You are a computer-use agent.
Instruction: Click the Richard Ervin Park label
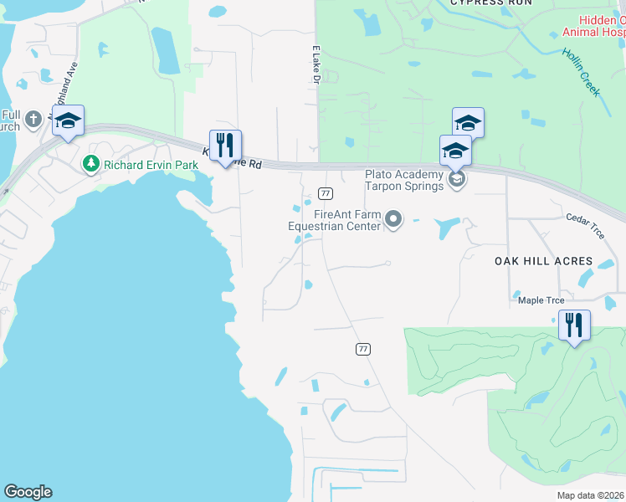pyautogui.click(x=151, y=165)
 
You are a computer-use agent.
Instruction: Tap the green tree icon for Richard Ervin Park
pyautogui.click(x=91, y=165)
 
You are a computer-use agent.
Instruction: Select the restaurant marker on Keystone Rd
pyautogui.click(x=225, y=146)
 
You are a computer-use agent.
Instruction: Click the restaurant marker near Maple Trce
pyautogui.click(x=574, y=325)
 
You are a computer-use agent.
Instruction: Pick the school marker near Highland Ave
pyautogui.click(x=69, y=122)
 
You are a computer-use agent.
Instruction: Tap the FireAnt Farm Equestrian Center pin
pyautogui.click(x=393, y=220)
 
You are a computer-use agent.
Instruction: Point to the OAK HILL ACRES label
pyautogui.click(x=549, y=261)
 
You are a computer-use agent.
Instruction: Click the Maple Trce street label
pyautogui.click(x=541, y=300)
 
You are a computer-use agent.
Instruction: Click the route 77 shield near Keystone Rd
pyautogui.click(x=326, y=194)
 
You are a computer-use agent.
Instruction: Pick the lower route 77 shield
pyautogui.click(x=362, y=348)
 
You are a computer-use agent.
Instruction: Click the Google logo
pyautogui.click(x=28, y=492)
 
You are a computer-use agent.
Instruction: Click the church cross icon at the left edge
pyautogui.click(x=33, y=119)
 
